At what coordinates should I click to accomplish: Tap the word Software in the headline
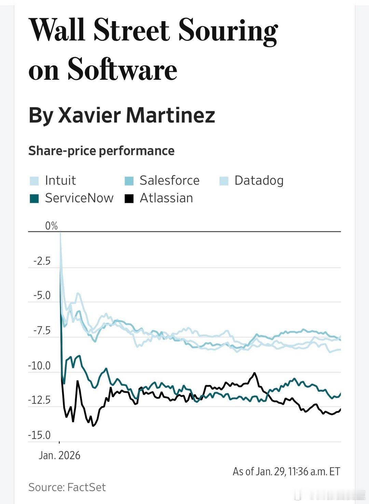click(x=122, y=69)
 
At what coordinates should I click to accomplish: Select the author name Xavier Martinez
click(x=136, y=115)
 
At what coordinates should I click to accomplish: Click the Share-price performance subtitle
click(x=101, y=151)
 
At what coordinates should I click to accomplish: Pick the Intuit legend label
click(x=60, y=180)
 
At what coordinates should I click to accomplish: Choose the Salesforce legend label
click(x=169, y=180)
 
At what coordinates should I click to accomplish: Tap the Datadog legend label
click(x=259, y=180)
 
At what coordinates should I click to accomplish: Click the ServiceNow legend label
click(x=79, y=198)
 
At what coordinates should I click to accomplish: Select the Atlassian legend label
click(x=166, y=198)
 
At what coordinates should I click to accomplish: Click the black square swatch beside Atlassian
click(x=129, y=198)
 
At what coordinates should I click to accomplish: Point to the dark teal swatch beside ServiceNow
click(x=34, y=198)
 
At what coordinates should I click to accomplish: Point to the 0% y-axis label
click(x=51, y=226)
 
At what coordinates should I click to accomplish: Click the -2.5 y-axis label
click(x=42, y=261)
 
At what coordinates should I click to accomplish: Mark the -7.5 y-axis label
click(x=42, y=331)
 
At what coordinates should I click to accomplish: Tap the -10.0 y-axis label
click(x=39, y=366)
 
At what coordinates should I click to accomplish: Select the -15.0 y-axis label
click(x=39, y=435)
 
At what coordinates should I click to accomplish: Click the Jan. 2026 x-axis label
click(x=59, y=455)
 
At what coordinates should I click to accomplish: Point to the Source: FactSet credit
click(x=67, y=487)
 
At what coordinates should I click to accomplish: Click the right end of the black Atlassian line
click(x=340, y=409)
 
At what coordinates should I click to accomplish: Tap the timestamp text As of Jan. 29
click(x=286, y=472)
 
